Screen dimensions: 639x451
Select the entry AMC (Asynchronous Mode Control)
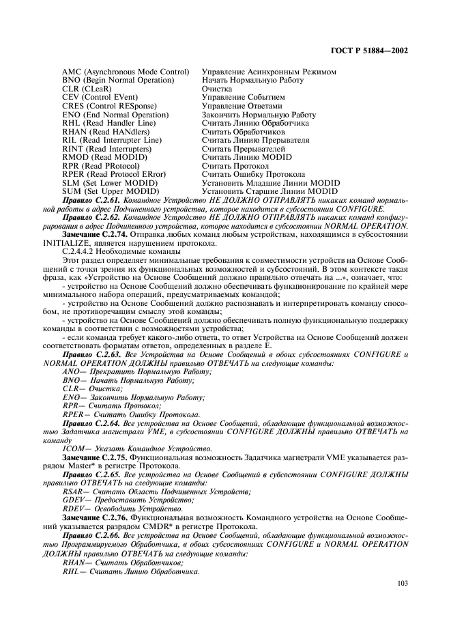pos(126,72)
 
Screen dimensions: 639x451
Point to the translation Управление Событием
pos(239,98)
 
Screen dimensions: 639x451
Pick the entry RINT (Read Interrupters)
pos(102,149)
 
